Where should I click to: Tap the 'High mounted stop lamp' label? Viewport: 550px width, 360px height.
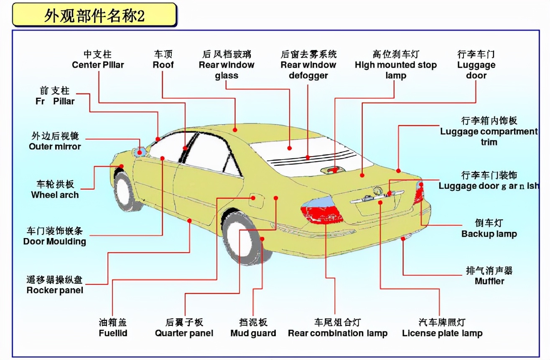(x=395, y=65)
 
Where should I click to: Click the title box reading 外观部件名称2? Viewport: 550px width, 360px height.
(x=94, y=16)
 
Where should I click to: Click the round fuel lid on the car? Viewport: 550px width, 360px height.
(x=255, y=199)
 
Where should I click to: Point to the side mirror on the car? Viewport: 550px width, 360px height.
(x=140, y=152)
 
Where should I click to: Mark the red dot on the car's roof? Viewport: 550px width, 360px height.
(x=235, y=130)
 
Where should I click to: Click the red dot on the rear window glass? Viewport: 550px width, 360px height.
(x=289, y=148)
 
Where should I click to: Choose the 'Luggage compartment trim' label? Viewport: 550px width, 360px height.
(x=489, y=131)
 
